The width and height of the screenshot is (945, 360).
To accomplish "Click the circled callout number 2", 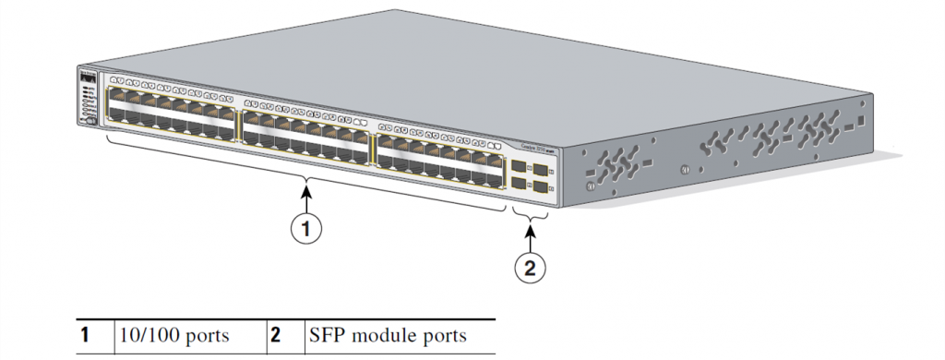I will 528,269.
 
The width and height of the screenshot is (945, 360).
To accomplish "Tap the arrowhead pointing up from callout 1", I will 306,192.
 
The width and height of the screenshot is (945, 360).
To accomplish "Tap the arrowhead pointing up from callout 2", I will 528,231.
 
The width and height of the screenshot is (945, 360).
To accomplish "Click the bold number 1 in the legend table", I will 84,335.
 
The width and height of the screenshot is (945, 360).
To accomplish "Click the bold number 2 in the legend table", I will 275,335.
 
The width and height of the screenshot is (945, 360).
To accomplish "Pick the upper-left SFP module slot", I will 520,168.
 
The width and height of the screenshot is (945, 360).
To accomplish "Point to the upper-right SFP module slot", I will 541,171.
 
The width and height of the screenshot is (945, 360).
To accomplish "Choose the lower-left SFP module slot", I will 520,184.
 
